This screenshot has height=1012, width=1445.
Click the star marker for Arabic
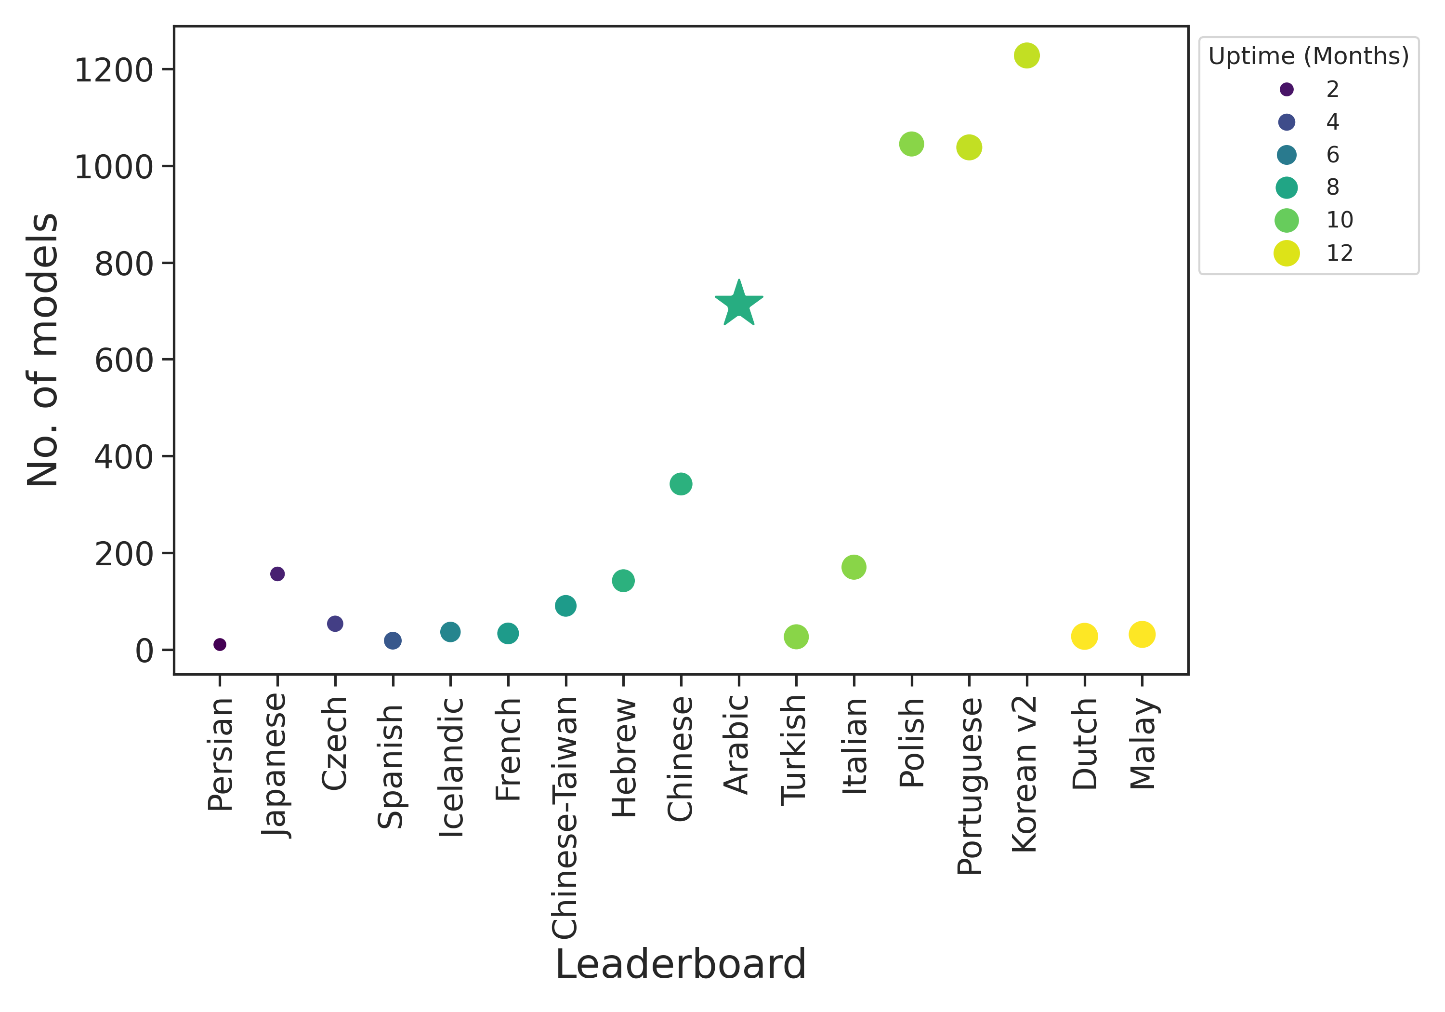[739, 304]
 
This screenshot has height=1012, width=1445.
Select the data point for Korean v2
[1026, 55]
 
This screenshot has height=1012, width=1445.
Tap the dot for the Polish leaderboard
[911, 144]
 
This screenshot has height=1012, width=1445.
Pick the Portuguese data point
[969, 147]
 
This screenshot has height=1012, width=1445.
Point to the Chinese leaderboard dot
[681, 484]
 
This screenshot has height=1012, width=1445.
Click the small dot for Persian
[220, 644]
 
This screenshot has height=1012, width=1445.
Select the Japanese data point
[277, 573]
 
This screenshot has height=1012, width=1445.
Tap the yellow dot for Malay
[1142, 634]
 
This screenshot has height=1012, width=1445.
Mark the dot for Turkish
[796, 637]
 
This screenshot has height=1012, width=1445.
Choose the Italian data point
[854, 567]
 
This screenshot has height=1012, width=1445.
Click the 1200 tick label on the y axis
[114, 70]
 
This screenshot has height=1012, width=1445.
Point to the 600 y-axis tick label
[124, 360]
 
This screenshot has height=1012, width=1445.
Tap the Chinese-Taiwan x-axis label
[565, 817]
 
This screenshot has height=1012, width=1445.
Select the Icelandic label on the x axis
[451, 767]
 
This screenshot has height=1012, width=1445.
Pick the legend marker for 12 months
[1287, 253]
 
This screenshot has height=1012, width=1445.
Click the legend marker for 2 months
[1287, 90]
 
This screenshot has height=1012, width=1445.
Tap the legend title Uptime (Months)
[1308, 56]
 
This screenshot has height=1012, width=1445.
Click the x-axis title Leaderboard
[680, 964]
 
